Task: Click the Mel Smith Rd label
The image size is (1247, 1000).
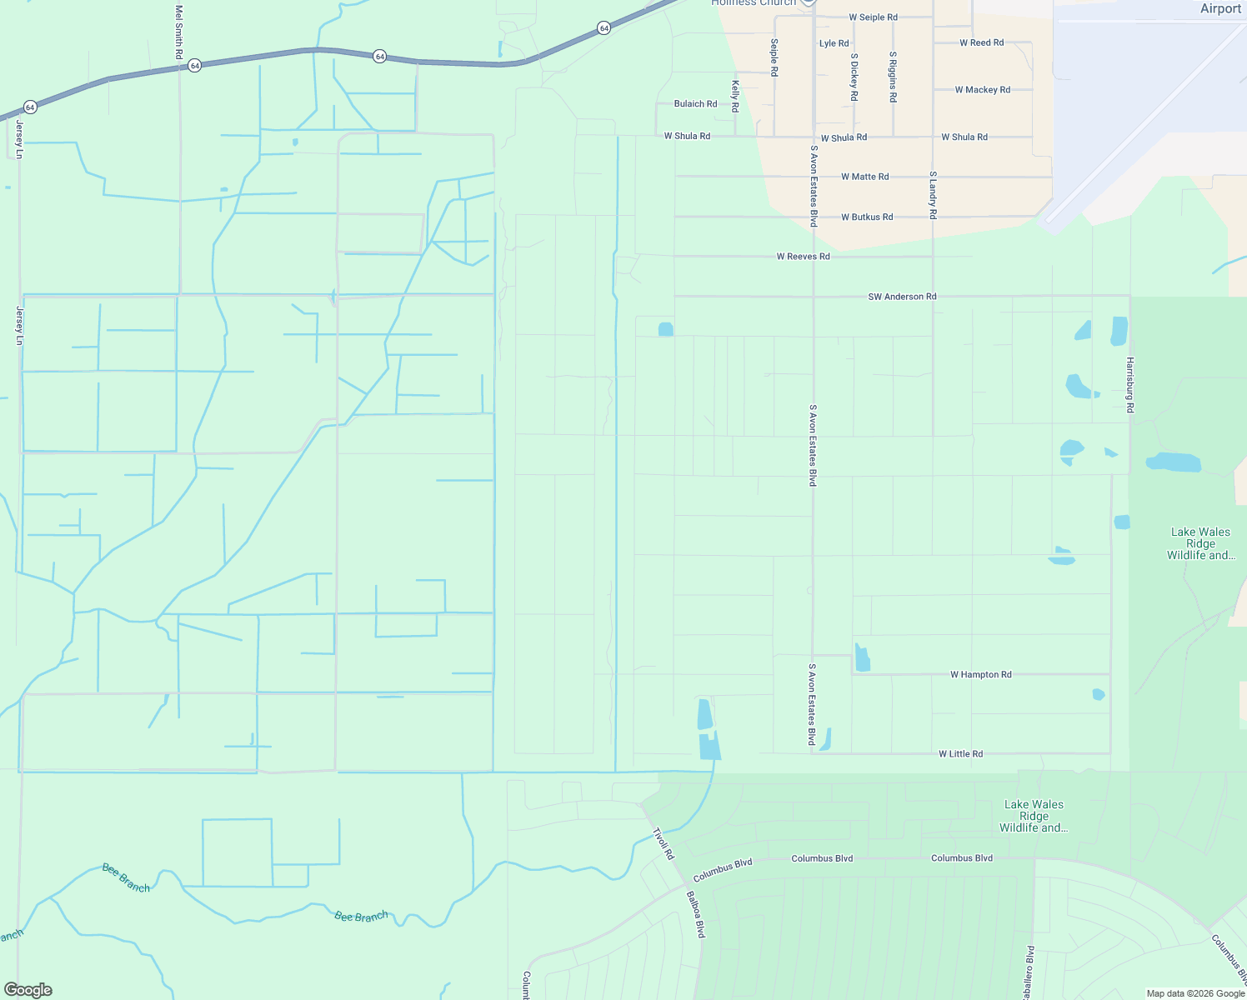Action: click(179, 32)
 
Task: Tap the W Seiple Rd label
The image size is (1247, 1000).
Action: click(873, 17)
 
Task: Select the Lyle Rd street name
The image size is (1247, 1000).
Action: click(834, 43)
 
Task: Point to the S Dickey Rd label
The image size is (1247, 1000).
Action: click(854, 77)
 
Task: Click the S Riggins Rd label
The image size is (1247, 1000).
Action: click(893, 77)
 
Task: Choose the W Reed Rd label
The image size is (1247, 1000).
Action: click(981, 42)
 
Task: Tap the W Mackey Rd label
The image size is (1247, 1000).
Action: click(982, 90)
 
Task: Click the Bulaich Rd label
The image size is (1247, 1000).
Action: click(695, 104)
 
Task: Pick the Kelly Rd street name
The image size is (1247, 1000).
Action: click(735, 97)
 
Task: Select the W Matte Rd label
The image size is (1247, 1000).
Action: click(864, 177)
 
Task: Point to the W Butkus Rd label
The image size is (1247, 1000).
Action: click(866, 217)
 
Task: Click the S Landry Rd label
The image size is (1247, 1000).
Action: click(933, 195)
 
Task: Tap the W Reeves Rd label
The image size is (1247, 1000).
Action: click(803, 257)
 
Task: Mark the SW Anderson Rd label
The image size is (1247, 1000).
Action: click(902, 297)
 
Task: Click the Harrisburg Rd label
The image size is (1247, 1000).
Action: click(1130, 385)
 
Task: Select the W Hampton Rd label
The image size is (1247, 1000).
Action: click(980, 675)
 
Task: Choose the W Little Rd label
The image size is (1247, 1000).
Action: click(960, 754)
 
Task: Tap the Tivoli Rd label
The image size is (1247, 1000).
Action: click(663, 843)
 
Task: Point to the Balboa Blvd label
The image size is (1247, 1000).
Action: click(696, 915)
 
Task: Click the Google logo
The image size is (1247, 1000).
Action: click(28, 990)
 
